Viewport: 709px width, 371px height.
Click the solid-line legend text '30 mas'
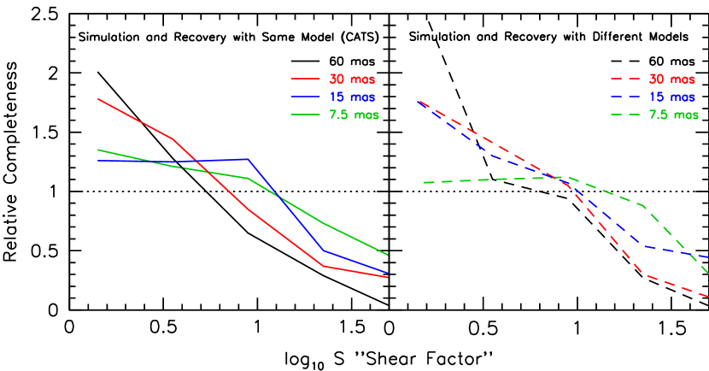coord(352,79)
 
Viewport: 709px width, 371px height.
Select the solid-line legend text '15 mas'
coord(352,97)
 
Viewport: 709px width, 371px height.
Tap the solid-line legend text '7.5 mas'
coord(354,115)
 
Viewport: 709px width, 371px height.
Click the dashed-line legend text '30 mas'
coord(672,79)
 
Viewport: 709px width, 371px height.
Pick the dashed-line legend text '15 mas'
coord(672,97)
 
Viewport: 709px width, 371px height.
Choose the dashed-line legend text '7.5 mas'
coord(674,115)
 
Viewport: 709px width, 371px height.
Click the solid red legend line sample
coord(305,79)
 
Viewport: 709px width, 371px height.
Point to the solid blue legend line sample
coord(305,97)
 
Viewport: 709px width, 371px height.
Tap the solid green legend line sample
coord(305,115)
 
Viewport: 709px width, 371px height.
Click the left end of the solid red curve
coord(98,98)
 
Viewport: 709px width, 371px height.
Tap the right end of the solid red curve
coord(388,277)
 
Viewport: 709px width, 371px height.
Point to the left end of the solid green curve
coord(98,150)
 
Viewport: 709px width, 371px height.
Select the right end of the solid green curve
coord(388,255)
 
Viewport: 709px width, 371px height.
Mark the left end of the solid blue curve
coord(98,161)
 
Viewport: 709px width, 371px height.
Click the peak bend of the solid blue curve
coord(248,159)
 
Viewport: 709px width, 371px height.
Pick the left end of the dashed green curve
coord(425,182)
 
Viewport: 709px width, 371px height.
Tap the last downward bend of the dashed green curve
coord(642,205)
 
